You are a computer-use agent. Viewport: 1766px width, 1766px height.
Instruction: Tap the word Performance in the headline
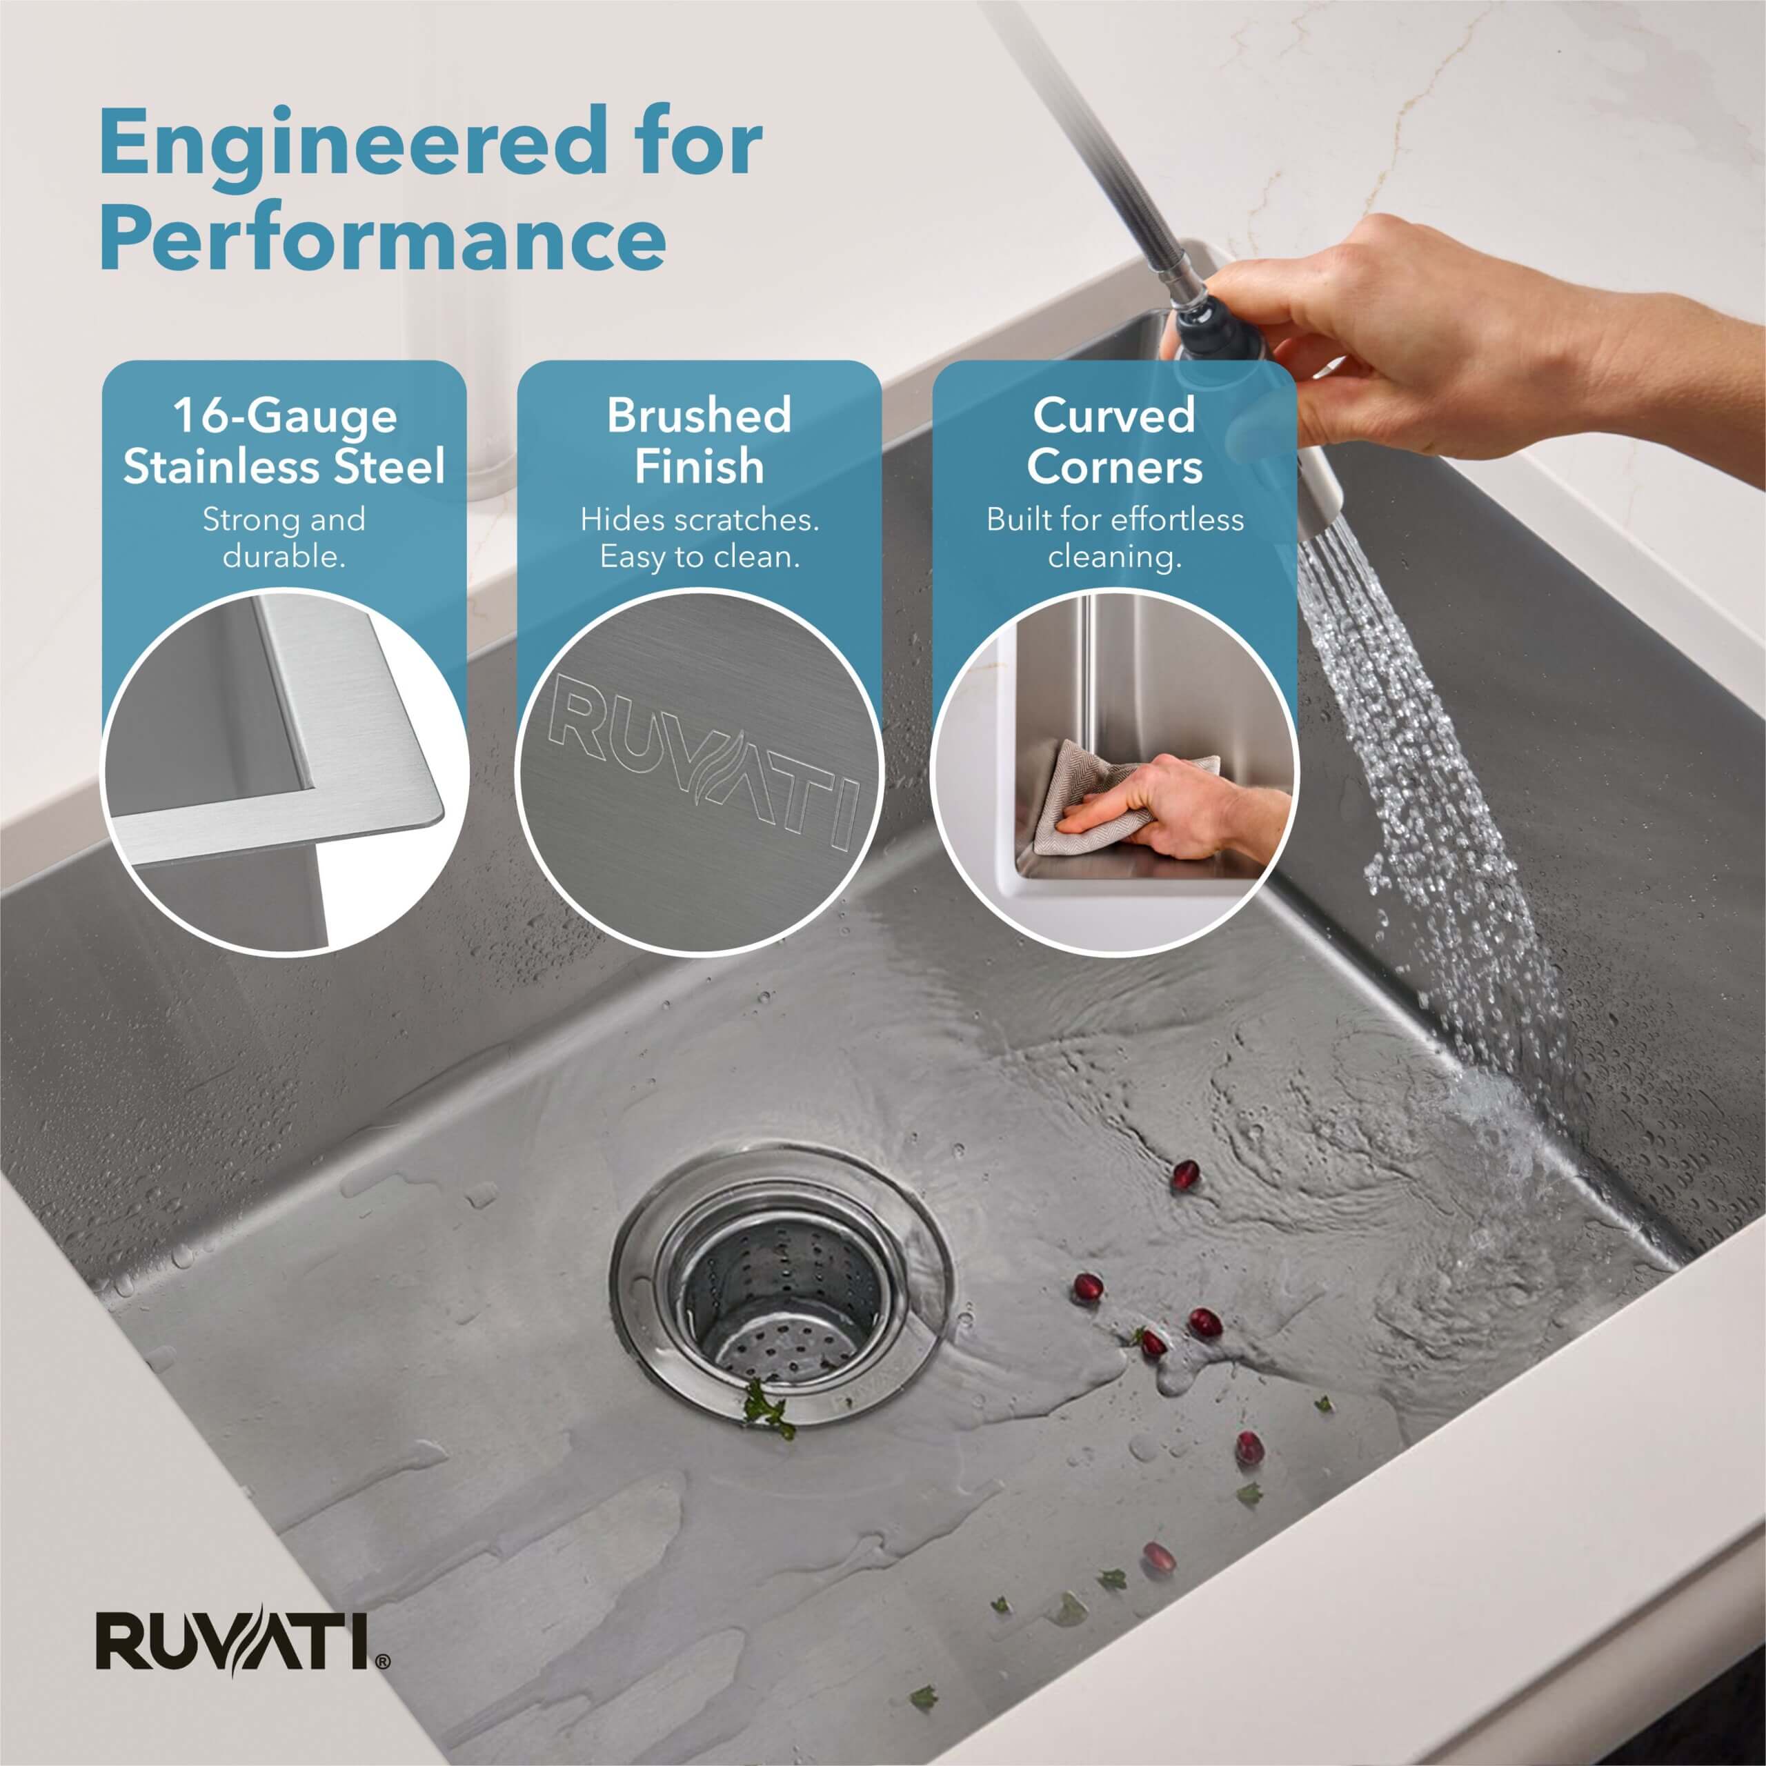[382, 239]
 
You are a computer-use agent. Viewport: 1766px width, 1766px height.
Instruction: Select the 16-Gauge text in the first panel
[284, 417]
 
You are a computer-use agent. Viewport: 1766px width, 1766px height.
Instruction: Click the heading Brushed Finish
[700, 441]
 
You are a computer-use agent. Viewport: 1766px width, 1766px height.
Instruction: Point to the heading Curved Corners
[1114, 441]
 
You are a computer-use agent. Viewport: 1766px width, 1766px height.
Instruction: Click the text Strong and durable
[284, 537]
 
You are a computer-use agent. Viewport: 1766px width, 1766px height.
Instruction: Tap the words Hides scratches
[700, 519]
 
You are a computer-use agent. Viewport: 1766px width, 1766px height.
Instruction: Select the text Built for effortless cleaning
[1114, 537]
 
